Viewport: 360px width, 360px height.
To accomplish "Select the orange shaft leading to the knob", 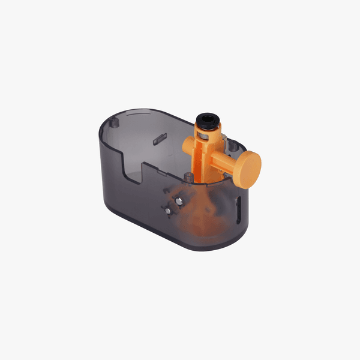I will click(x=222, y=160).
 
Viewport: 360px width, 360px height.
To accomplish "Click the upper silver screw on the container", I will click(x=178, y=199).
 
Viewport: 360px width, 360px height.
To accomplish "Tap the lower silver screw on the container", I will click(x=169, y=209).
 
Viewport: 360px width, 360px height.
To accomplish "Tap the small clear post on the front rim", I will click(x=190, y=177).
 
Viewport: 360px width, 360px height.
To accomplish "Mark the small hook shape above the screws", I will click(x=166, y=191).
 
